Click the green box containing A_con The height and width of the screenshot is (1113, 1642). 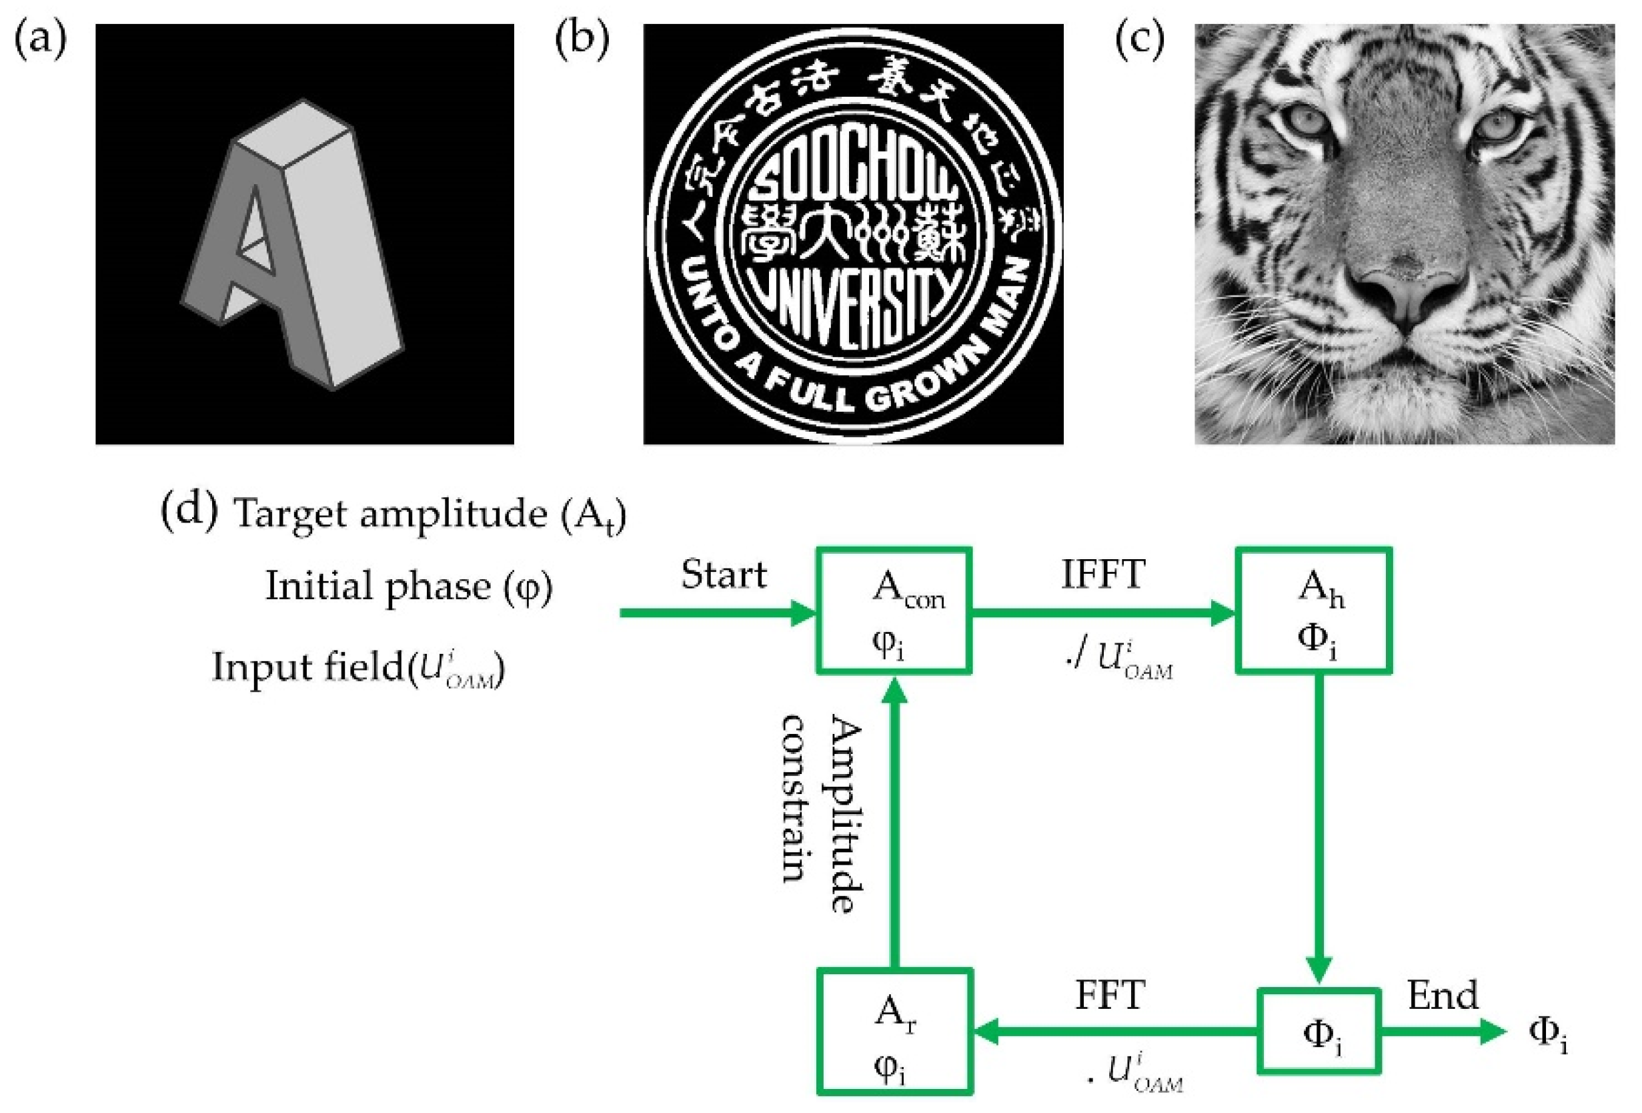(894, 611)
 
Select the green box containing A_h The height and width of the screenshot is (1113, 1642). (1313, 611)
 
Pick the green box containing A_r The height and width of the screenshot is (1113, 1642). (894, 1032)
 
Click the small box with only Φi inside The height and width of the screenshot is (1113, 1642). (1319, 1032)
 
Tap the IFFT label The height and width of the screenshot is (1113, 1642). (1102, 575)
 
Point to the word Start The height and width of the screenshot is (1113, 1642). (724, 575)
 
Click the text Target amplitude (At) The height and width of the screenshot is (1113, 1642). (430, 514)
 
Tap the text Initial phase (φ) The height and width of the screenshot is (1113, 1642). (408, 587)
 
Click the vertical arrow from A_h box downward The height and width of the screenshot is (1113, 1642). (1319, 827)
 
